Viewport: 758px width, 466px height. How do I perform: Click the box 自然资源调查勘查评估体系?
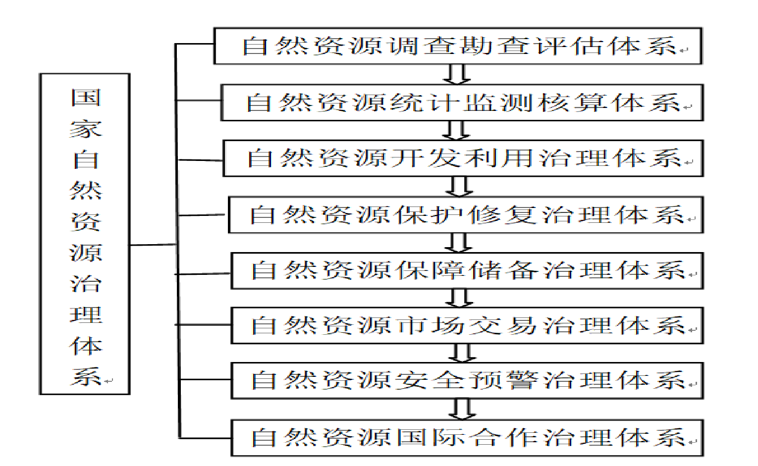pos(457,46)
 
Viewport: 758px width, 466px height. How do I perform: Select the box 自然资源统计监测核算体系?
pos(462,103)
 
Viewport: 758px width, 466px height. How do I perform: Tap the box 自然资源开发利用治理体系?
pos(463,158)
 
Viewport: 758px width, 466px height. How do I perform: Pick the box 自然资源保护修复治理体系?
pos(465,215)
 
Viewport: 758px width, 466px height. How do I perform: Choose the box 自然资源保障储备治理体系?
pos(467,270)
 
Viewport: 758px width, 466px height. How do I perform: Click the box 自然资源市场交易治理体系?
pos(467,325)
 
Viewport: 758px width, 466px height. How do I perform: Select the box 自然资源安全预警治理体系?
pos(467,380)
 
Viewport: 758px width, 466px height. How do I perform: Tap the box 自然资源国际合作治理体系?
pos(467,438)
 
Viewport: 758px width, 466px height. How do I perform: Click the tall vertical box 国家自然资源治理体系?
pos(85,234)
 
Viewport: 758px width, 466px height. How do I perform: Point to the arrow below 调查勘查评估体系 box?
pos(456,74)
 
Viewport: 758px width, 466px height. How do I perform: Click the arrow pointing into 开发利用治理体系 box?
pos(456,131)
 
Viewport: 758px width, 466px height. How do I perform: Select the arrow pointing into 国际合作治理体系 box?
pos(462,409)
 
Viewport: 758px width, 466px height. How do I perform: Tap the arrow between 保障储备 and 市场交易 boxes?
pos(459,298)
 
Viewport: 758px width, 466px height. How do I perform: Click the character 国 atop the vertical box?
pos(86,98)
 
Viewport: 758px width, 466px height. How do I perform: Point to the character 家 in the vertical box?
pos(86,129)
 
